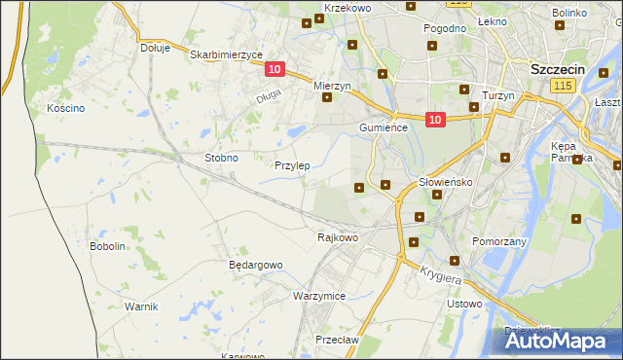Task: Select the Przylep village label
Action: (x=292, y=165)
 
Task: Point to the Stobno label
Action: (x=221, y=157)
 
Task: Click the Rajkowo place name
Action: (x=338, y=236)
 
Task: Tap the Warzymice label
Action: (x=319, y=295)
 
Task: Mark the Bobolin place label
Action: (x=108, y=246)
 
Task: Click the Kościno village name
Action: (x=66, y=108)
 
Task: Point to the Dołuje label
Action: (x=155, y=47)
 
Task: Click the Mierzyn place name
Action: (x=331, y=86)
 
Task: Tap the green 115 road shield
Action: (x=561, y=88)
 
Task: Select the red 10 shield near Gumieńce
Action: (x=434, y=120)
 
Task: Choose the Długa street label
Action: (x=268, y=95)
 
